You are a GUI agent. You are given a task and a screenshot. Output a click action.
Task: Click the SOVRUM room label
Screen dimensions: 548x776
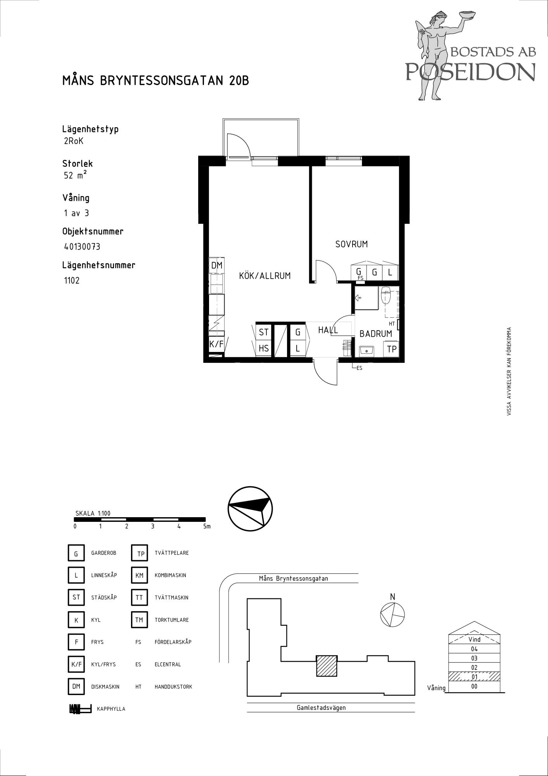pos(351,244)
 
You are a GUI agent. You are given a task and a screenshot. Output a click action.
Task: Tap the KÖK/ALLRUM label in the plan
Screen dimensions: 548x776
pos(265,276)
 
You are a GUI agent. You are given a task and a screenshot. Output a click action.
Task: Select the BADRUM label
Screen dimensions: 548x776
pos(375,334)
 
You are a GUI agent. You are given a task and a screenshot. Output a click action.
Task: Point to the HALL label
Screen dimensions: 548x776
pos(328,330)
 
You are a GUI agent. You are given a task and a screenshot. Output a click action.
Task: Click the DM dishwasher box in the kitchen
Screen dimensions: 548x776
pos(217,265)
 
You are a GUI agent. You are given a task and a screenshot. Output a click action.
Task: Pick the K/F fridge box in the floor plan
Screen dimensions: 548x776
pos(216,344)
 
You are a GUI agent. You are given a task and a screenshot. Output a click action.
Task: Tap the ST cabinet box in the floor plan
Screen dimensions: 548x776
pos(264,332)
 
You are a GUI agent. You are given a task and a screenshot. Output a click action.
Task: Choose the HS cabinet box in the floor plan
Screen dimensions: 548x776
pos(264,348)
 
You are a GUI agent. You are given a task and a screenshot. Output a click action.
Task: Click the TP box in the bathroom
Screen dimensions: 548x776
pos(391,349)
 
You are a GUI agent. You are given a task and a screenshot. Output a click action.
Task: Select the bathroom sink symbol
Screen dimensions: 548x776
pos(366,350)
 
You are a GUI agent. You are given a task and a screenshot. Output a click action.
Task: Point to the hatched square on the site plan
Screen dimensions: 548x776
pos(327,666)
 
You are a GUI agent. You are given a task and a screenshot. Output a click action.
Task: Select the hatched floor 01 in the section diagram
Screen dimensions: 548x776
pos(474,677)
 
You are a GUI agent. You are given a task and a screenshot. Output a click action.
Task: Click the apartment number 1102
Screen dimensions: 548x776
pos(72,281)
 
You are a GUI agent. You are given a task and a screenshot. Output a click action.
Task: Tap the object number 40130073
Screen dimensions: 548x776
pos(82,247)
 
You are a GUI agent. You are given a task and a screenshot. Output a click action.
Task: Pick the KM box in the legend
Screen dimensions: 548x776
pos(139,575)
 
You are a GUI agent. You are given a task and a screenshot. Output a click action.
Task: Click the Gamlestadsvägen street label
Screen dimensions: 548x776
pos(321,707)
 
